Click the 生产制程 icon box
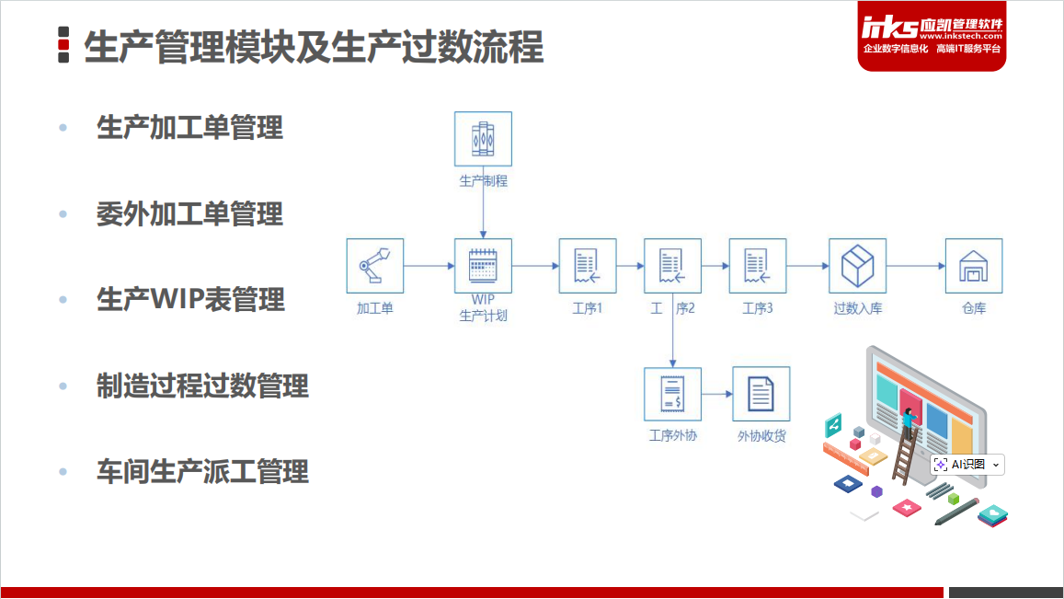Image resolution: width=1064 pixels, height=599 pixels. (x=483, y=140)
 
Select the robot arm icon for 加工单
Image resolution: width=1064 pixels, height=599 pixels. (x=374, y=266)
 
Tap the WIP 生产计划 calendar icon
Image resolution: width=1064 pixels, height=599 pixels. (x=483, y=266)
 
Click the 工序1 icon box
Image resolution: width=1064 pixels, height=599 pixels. (x=588, y=266)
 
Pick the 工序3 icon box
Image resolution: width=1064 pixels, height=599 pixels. (x=758, y=266)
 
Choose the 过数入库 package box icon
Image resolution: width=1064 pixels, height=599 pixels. (x=857, y=266)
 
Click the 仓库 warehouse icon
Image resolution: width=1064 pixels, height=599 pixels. (x=974, y=266)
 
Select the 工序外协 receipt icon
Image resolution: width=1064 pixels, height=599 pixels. (x=672, y=395)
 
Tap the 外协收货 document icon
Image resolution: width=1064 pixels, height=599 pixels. (x=761, y=395)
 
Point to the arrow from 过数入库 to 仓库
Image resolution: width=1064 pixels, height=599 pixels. (x=916, y=266)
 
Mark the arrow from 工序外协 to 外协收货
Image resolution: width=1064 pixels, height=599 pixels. (x=716, y=395)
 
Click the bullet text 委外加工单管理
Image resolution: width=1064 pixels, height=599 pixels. (x=189, y=214)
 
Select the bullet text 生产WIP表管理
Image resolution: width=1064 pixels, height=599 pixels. (x=190, y=299)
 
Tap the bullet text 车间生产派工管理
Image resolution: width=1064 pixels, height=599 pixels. (x=202, y=472)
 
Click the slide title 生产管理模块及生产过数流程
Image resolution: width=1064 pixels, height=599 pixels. (x=314, y=47)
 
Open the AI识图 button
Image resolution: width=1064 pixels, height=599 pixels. (x=967, y=465)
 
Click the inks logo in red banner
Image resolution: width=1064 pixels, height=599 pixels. (x=890, y=27)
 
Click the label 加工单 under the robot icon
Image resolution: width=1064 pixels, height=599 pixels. (x=374, y=308)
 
